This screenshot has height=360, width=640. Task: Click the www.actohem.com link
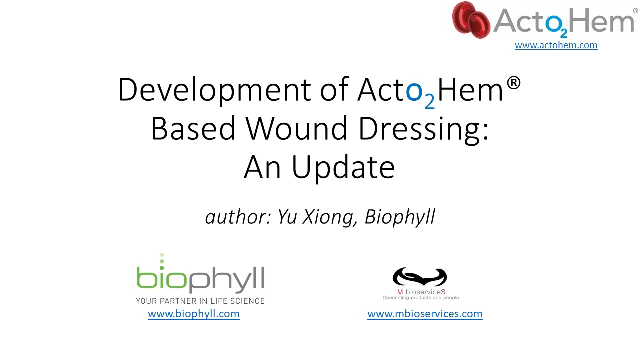556,45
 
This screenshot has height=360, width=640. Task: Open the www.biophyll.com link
194,314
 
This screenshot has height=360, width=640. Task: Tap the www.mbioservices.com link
425,314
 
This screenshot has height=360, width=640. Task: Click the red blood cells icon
471,20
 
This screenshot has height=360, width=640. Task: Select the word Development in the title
214,90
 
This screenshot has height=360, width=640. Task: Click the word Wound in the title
296,129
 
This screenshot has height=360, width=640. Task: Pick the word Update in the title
343,169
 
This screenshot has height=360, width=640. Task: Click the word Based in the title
193,129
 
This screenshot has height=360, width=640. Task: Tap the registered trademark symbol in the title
514,83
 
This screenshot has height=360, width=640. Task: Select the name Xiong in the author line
330,217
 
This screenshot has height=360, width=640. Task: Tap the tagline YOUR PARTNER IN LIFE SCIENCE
200,301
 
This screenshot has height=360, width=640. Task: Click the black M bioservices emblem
420,277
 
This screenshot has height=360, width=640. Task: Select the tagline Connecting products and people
421,298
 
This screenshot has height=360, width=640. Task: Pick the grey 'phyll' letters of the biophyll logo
226,280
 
